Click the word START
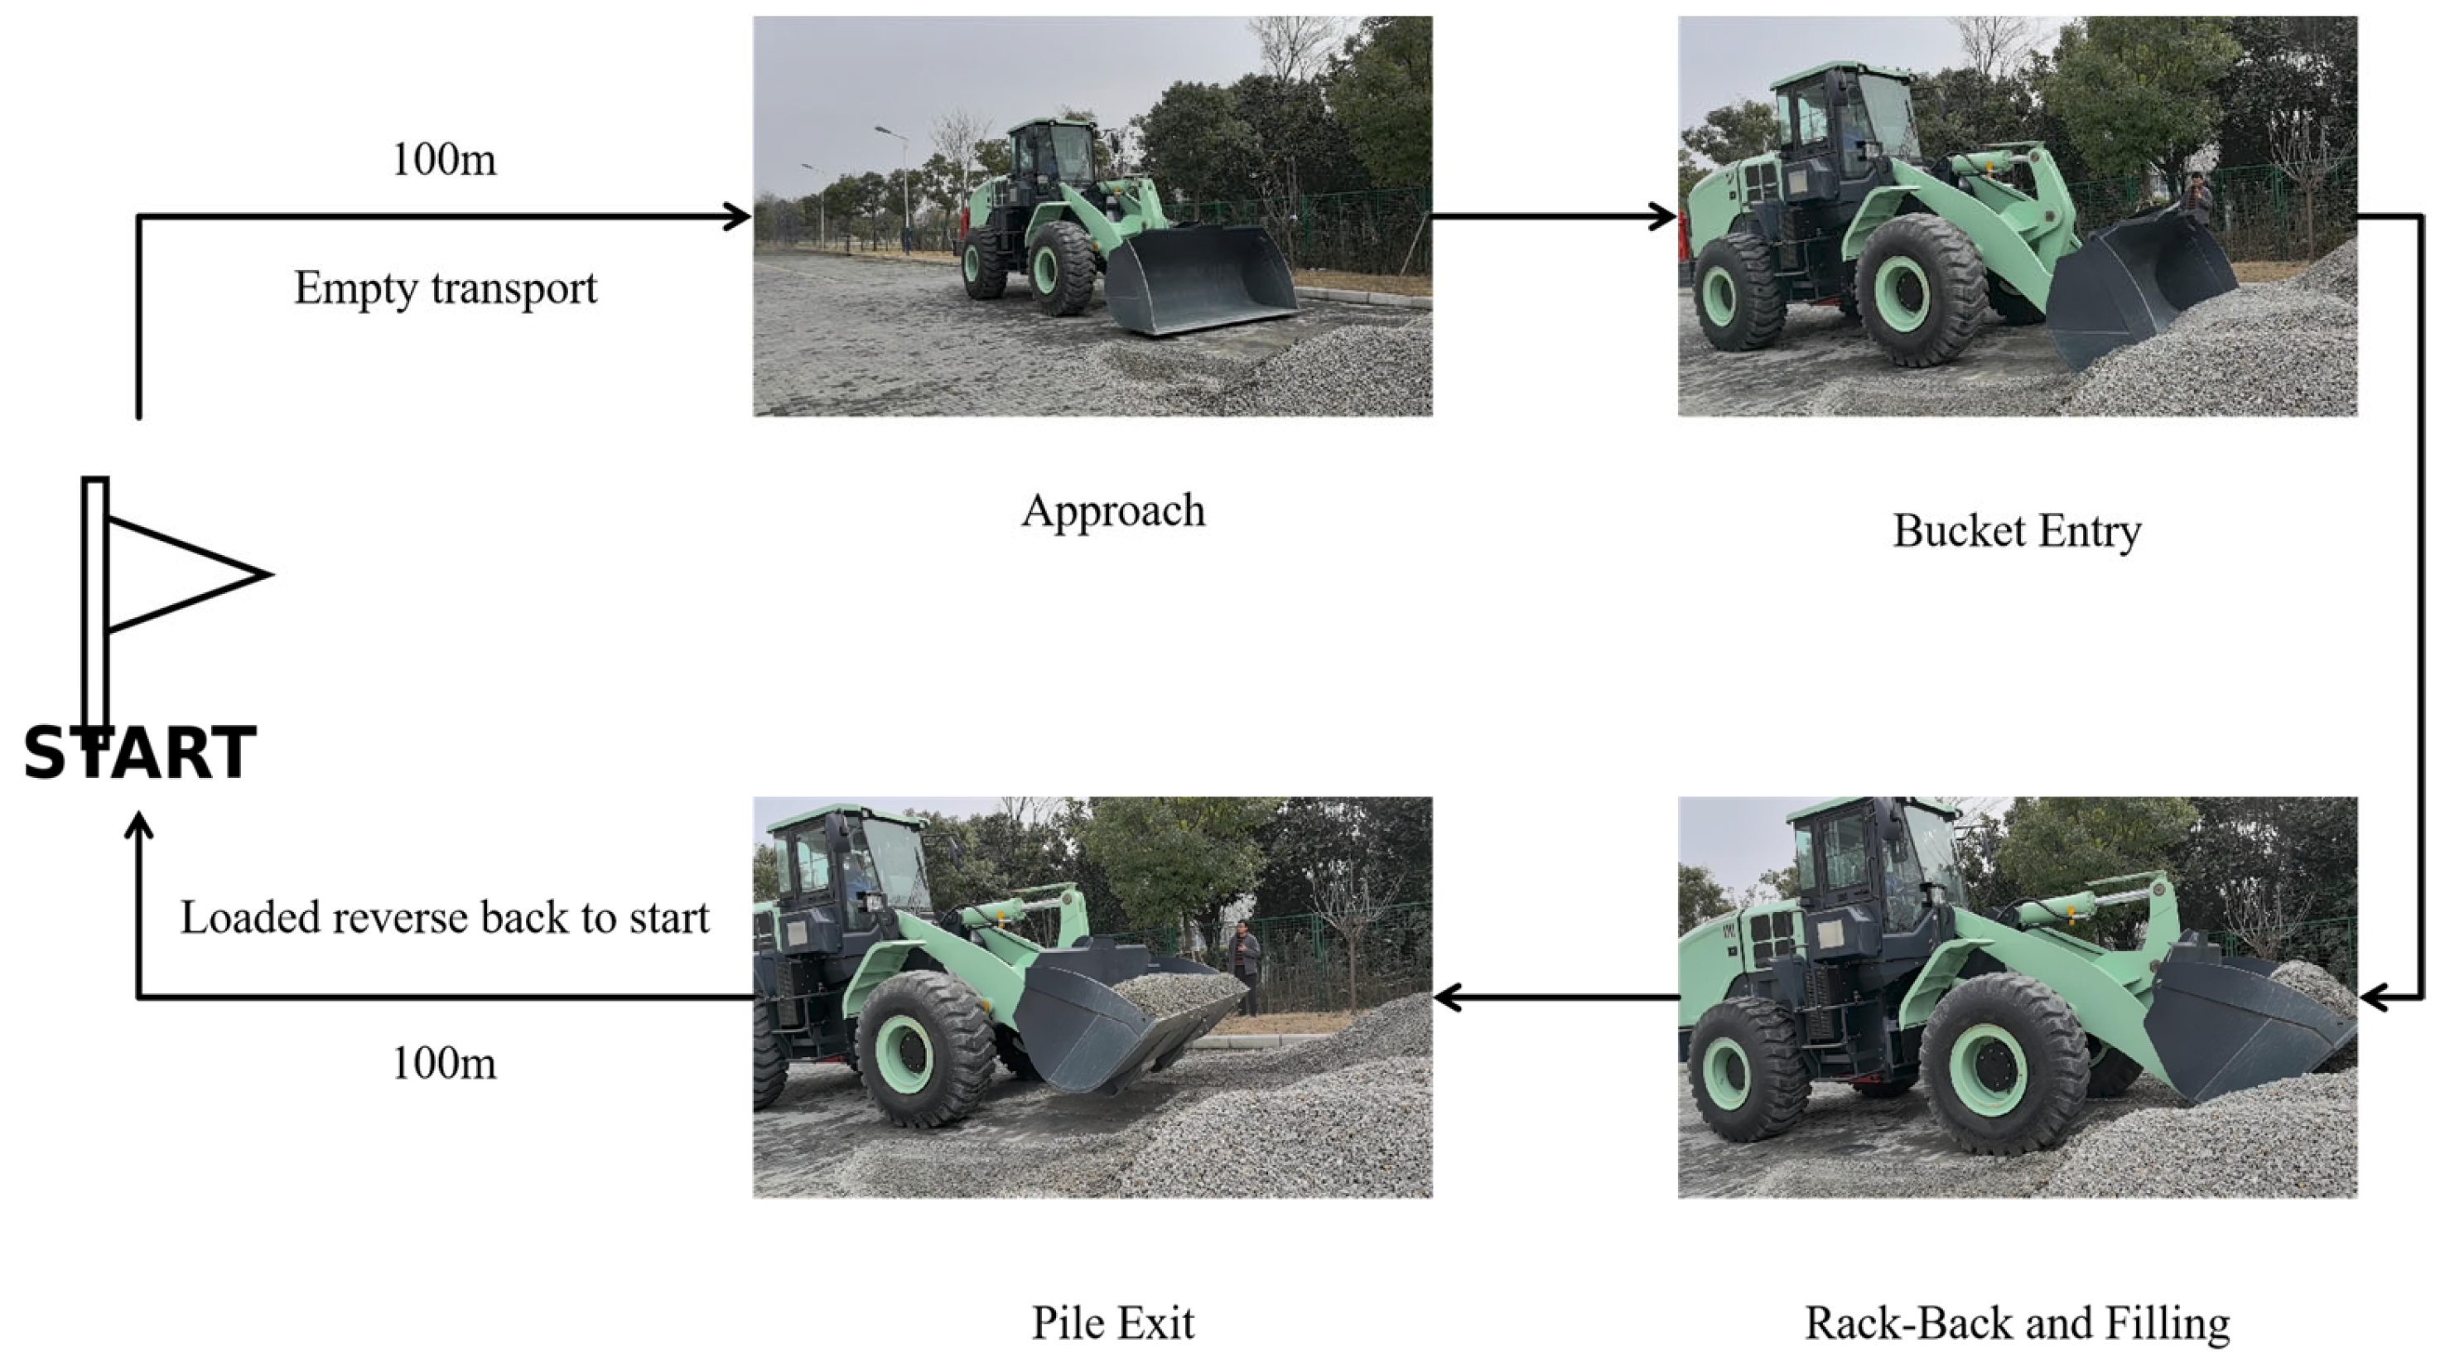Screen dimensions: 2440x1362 (x=140, y=754)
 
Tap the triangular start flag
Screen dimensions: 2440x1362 (x=180, y=574)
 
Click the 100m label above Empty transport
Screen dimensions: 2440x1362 (x=443, y=159)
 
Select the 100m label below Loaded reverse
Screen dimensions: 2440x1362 (x=443, y=1064)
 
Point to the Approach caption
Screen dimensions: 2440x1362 (x=1113, y=511)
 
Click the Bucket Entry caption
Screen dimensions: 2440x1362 (x=2017, y=531)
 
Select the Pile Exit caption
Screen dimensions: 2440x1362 (x=1112, y=1323)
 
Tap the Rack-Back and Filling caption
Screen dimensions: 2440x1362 (x=2017, y=1323)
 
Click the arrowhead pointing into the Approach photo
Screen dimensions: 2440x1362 (x=737, y=217)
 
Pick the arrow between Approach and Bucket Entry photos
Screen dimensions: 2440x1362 (x=1554, y=217)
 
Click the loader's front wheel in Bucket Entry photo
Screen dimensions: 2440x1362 (x=1921, y=290)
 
